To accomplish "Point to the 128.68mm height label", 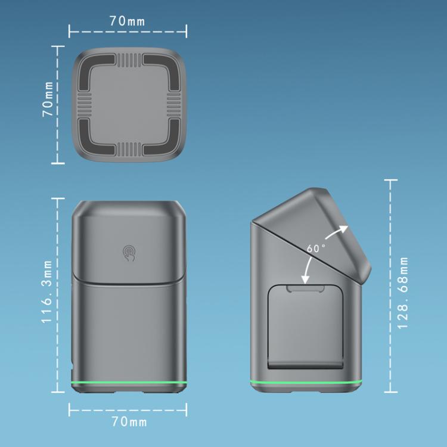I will pyautogui.click(x=403, y=292).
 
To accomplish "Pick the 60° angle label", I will pyautogui.click(x=316, y=249).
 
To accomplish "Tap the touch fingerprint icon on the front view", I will pyautogui.click(x=129, y=253).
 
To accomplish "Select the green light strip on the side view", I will pyautogui.click(x=306, y=382).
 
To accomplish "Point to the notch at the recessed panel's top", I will pyautogui.click(x=305, y=288).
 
